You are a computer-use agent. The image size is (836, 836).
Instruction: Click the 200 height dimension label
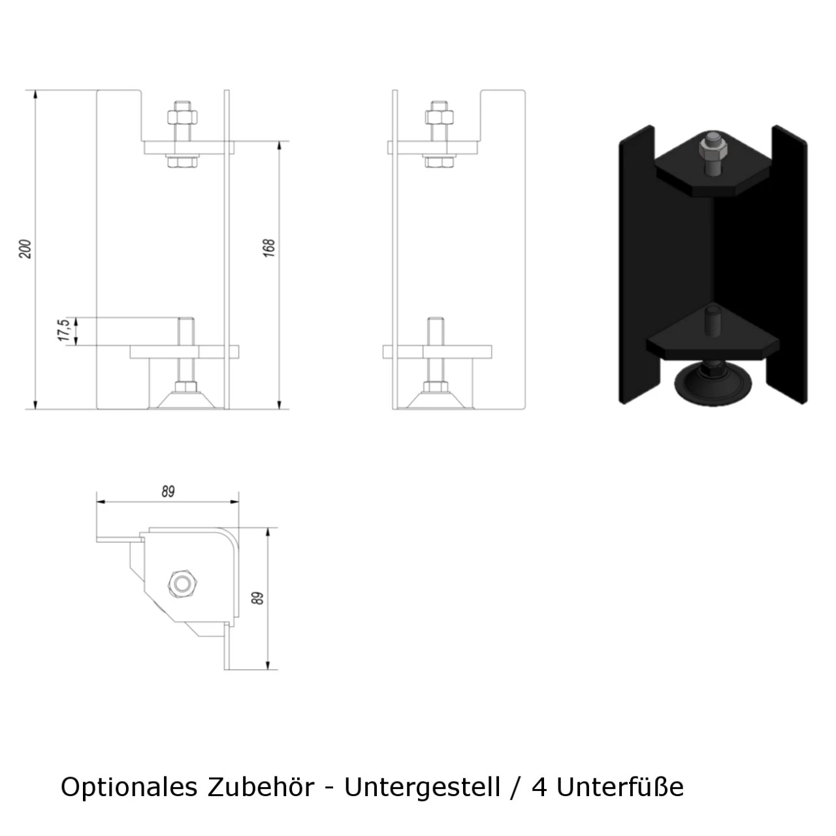pyautogui.click(x=25, y=249)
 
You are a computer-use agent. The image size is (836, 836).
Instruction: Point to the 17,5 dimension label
pyautogui.click(x=64, y=330)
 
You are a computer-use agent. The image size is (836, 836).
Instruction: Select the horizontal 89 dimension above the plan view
pyautogui.click(x=169, y=492)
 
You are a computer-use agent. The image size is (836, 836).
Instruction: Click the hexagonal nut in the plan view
pyautogui.click(x=182, y=582)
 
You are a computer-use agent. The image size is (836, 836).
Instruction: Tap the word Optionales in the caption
pyautogui.click(x=129, y=787)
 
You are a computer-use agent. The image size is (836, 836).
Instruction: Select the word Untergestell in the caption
pyautogui.click(x=422, y=787)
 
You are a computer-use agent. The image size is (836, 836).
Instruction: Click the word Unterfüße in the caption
pyautogui.click(x=620, y=787)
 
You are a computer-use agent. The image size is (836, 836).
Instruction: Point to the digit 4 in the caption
pyautogui.click(x=539, y=787)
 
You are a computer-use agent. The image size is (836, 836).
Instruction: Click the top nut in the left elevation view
pyautogui.click(x=182, y=117)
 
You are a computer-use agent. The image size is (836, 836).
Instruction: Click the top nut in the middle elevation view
pyautogui.click(x=439, y=117)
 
